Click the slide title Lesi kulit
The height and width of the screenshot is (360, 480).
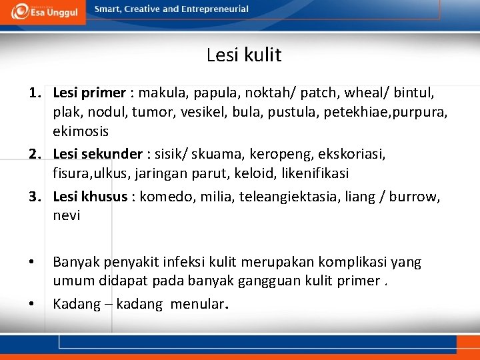tap(244, 55)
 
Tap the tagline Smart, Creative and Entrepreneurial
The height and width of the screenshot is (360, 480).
tap(171, 9)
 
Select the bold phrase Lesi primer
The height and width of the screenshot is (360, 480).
tap(89, 93)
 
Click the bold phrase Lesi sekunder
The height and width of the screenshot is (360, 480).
tap(97, 155)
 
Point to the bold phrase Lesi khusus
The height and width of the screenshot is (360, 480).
tap(90, 197)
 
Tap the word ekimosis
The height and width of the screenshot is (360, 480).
tap(81, 131)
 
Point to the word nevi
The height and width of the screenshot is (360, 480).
tap(66, 215)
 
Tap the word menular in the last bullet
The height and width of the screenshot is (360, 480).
tap(197, 305)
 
